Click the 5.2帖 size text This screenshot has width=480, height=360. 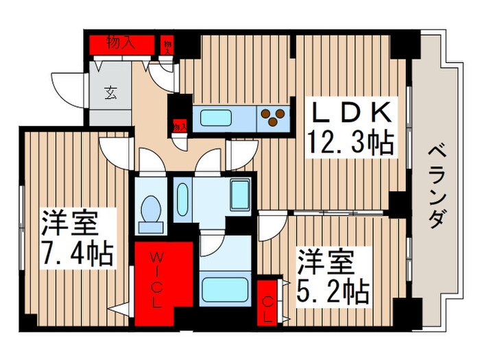[333, 291]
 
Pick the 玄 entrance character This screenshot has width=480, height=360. [110, 93]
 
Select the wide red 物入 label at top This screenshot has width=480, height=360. [121, 43]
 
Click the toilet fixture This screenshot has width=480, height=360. [149, 210]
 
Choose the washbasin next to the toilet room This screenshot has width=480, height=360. [182, 198]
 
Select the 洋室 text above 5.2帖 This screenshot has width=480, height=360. [325, 261]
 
